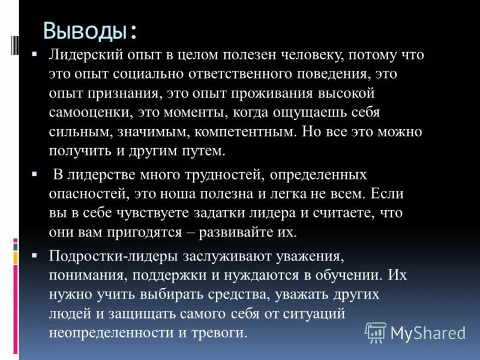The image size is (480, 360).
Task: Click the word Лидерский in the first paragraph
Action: [87, 55]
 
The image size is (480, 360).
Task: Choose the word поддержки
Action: [164, 275]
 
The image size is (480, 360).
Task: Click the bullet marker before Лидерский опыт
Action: [35, 55]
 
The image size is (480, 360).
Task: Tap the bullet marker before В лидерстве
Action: [35, 174]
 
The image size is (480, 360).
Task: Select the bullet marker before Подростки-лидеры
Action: [35, 256]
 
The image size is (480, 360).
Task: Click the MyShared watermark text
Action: [428, 332]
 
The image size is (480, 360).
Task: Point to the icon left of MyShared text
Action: [376, 331]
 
